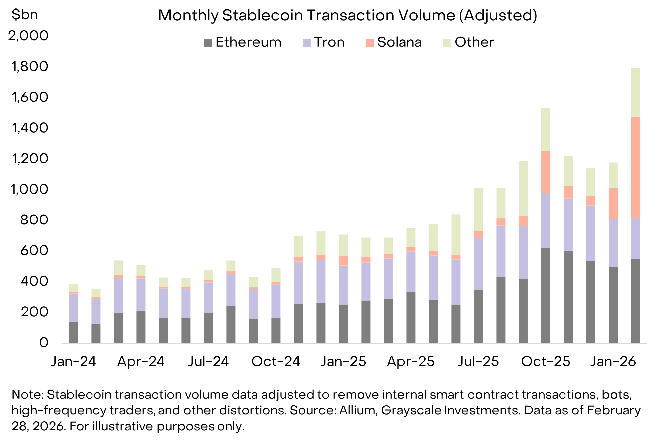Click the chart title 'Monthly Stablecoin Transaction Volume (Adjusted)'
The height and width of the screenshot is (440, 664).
click(x=347, y=15)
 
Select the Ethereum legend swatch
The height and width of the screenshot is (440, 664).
click(x=208, y=43)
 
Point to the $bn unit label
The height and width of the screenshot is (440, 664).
click(x=24, y=15)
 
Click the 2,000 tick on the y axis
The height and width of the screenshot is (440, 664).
click(x=28, y=36)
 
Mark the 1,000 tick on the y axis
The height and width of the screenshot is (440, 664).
click(x=29, y=189)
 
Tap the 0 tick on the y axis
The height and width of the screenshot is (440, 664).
click(x=44, y=343)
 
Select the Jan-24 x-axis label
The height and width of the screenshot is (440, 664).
click(x=73, y=361)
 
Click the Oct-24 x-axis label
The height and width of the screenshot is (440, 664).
click(x=276, y=361)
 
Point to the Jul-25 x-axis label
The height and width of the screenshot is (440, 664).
click(x=478, y=361)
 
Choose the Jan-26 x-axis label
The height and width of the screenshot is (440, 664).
click(x=613, y=361)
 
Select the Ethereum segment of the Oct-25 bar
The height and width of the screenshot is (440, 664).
click(x=545, y=296)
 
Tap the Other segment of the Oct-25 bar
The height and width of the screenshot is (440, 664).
click(x=545, y=130)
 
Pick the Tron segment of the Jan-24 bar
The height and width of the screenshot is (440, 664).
click(x=73, y=307)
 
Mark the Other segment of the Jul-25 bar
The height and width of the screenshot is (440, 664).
click(x=478, y=209)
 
